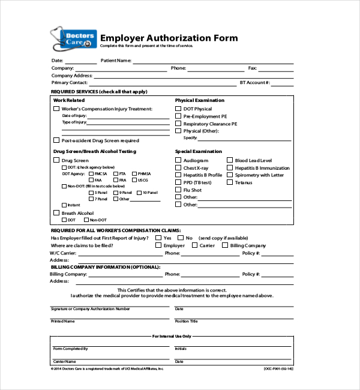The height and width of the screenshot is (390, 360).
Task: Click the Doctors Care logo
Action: pyautogui.click(x=73, y=40)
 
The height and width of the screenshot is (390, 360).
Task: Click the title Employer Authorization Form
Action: pyautogui.click(x=169, y=38)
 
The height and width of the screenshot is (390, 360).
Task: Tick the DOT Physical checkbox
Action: pyautogui.click(x=178, y=109)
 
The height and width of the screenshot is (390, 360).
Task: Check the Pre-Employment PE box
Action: pyautogui.click(x=178, y=116)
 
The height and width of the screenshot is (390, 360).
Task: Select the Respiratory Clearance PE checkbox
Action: pyautogui.click(x=178, y=124)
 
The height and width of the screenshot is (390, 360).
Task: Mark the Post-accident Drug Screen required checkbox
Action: pyautogui.click(x=56, y=140)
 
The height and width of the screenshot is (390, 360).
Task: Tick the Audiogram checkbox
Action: pyautogui.click(x=178, y=160)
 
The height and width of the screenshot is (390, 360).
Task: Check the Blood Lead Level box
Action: pyautogui.click(x=230, y=160)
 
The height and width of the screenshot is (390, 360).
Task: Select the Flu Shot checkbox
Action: pyautogui.click(x=178, y=190)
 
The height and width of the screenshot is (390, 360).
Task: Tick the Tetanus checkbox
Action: pyautogui.click(x=230, y=182)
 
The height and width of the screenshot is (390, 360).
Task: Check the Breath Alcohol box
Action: pyautogui.click(x=56, y=213)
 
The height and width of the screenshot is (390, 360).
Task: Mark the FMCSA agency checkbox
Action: pyautogui.click(x=91, y=173)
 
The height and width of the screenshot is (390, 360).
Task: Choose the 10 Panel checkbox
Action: pyautogui.click(x=139, y=193)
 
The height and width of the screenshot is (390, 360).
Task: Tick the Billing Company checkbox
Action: pyautogui.click(x=225, y=245)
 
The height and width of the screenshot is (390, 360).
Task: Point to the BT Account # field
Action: pyautogui.click(x=282, y=83)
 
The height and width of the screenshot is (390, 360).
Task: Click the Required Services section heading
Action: pyautogui.click(x=99, y=91)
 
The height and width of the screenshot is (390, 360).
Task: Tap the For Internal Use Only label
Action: pyautogui.click(x=172, y=336)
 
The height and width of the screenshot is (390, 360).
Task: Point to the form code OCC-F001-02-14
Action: pyautogui.click(x=278, y=369)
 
